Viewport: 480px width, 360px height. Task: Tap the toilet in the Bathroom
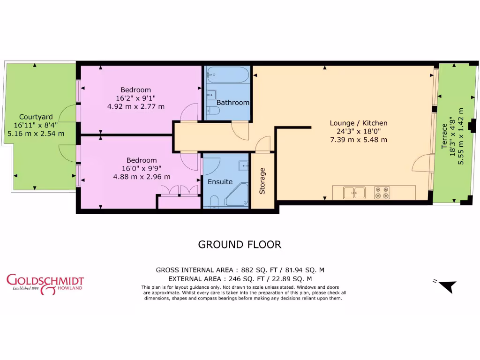213,111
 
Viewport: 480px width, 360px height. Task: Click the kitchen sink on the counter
354,193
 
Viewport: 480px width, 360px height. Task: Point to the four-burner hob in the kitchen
382,193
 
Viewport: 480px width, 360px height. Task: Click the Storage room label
262,181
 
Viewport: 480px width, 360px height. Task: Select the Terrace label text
444,136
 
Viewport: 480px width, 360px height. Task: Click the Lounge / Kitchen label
359,123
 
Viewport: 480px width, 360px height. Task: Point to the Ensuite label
220,181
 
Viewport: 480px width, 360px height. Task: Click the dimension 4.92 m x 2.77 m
136,106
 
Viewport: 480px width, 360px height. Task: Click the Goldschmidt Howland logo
45,284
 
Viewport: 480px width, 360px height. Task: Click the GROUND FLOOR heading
240,244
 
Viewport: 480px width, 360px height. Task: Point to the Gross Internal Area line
240,270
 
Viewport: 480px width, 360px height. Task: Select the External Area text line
240,278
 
